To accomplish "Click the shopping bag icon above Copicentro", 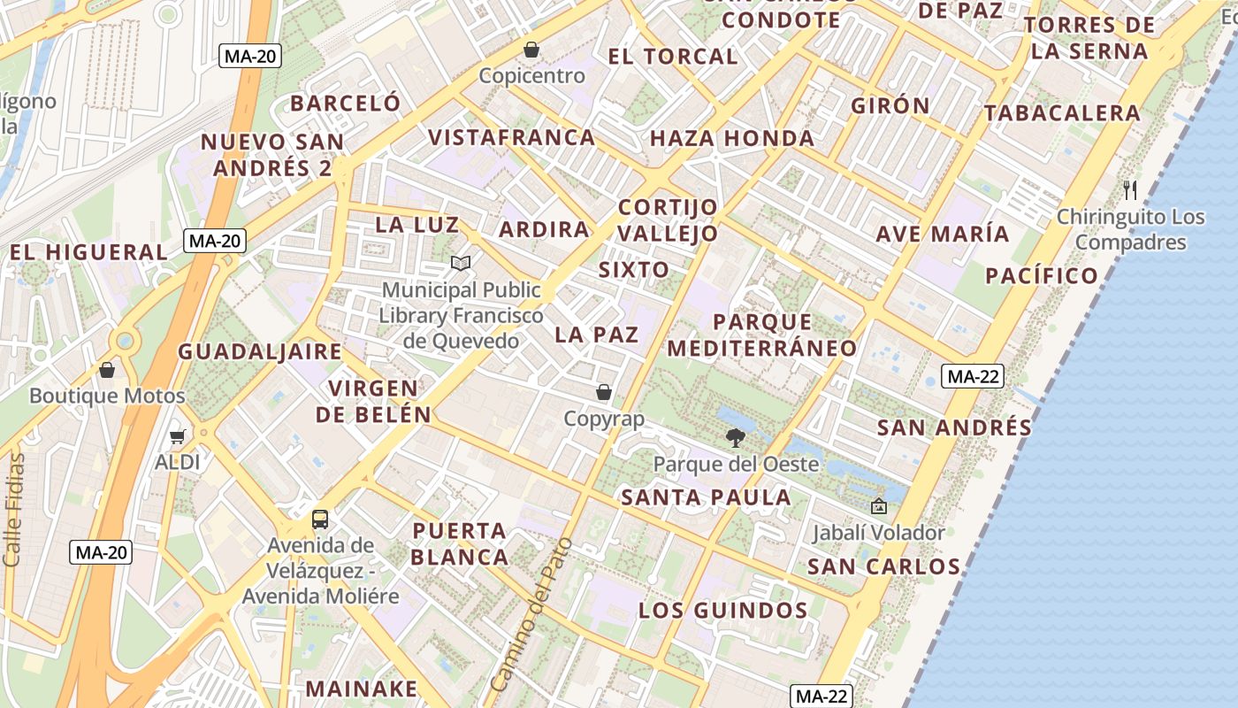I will click(x=531, y=50).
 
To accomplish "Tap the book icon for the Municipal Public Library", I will click(x=460, y=263).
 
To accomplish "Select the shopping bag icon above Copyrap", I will click(x=604, y=391).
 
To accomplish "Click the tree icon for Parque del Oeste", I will click(x=735, y=436).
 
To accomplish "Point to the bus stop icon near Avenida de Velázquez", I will click(x=320, y=519).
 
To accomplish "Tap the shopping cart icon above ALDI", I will click(x=177, y=436).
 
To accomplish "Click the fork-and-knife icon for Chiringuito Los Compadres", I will click(x=1130, y=189).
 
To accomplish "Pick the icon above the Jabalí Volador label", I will click(x=879, y=506).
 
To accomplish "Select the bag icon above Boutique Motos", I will click(x=107, y=370).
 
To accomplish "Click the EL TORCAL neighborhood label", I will click(x=672, y=57).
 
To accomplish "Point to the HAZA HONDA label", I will click(x=732, y=138).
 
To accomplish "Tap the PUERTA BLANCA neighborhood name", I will click(x=460, y=544).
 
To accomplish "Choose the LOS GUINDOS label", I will click(x=722, y=611).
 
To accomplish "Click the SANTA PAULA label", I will click(x=706, y=497).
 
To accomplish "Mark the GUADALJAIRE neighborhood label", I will click(x=260, y=351).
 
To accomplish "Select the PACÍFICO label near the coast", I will click(x=1042, y=275).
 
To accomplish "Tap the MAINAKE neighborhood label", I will click(x=361, y=689).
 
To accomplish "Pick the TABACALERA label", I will click(x=1062, y=113).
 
